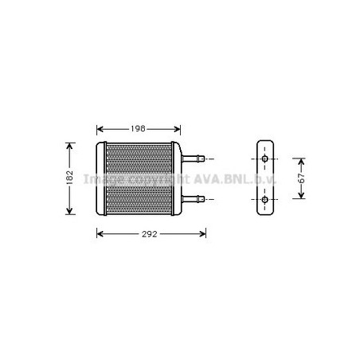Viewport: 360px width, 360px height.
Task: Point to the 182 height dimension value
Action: tap(70, 178)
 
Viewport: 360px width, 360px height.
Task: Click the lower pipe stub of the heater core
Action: tap(194, 199)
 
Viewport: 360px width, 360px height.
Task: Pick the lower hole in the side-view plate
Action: tap(264, 199)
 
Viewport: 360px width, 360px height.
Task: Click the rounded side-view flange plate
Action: tap(264, 179)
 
